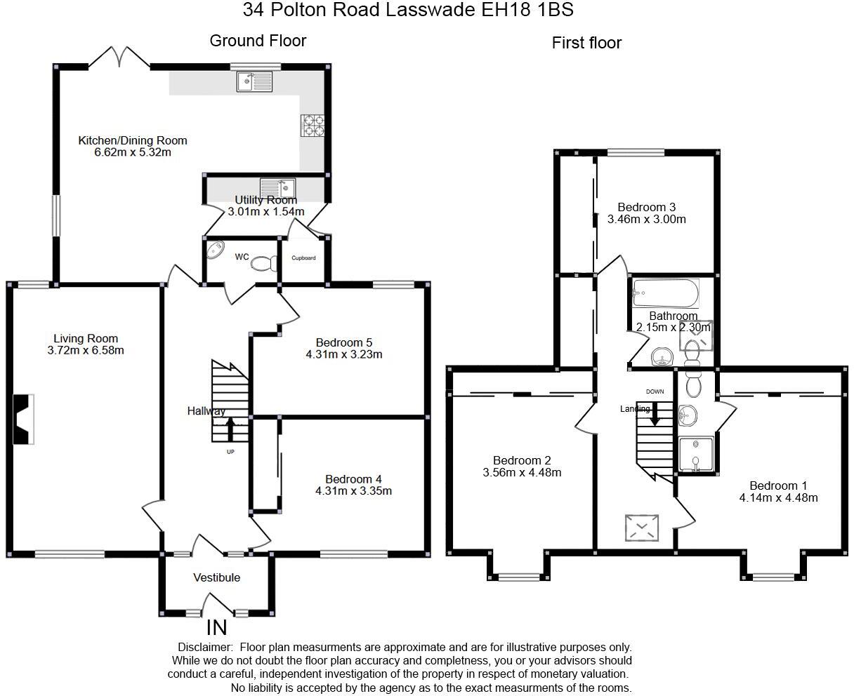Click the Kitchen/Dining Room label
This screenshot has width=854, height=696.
click(x=132, y=140)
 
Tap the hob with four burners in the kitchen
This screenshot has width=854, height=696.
click(x=313, y=126)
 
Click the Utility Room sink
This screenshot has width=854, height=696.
click(x=278, y=188)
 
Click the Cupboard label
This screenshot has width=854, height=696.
click(x=303, y=258)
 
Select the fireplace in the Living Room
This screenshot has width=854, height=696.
click(x=23, y=419)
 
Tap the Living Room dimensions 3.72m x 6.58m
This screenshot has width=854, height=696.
click(x=86, y=350)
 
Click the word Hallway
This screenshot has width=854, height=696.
click(x=206, y=411)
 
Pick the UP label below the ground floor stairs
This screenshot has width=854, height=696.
click(x=230, y=452)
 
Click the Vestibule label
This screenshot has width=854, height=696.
click(x=216, y=577)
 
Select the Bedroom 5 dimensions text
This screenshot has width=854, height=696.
click(x=343, y=354)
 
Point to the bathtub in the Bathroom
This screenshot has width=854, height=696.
click(x=665, y=293)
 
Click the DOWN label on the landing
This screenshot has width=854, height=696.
click(x=655, y=391)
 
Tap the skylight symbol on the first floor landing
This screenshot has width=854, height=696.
click(x=642, y=528)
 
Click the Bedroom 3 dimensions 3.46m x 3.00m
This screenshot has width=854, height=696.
click(x=646, y=219)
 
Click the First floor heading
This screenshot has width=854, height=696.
click(x=586, y=43)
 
